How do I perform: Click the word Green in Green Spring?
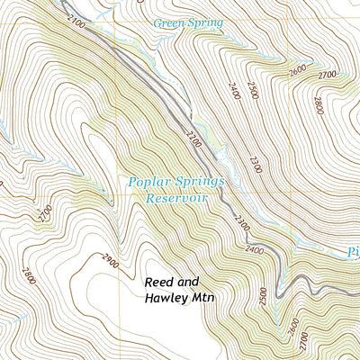click(x=167, y=22)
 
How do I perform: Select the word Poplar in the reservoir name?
click(x=147, y=182)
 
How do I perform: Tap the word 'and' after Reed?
click(x=193, y=282)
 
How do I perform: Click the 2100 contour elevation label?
click(x=76, y=24)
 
